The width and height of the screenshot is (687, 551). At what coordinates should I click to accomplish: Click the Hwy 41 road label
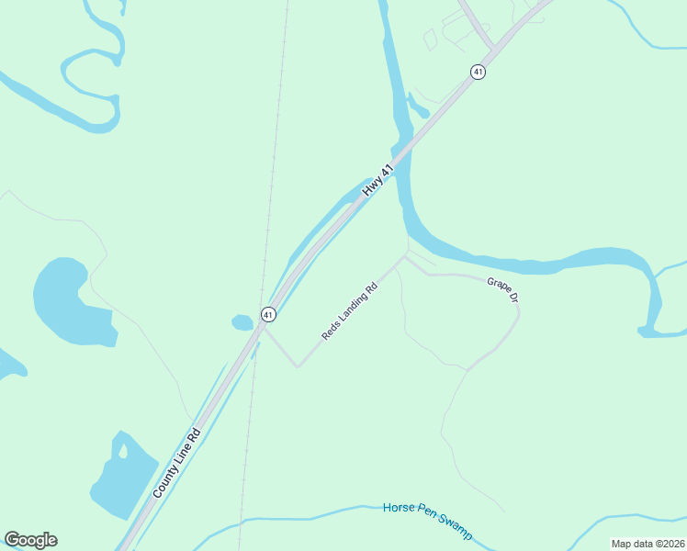(377, 179)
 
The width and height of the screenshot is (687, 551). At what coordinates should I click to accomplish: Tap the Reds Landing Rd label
(350, 311)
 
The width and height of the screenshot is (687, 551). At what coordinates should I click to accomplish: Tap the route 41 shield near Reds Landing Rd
(267, 314)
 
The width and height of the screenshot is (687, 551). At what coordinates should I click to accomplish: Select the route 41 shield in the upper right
(477, 72)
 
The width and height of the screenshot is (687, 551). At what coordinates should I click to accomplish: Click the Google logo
(31, 540)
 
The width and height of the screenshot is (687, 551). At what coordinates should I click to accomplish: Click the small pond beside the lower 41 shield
(242, 322)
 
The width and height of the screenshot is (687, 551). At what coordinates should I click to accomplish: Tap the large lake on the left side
(69, 301)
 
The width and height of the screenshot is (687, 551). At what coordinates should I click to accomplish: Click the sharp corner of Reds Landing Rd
(297, 366)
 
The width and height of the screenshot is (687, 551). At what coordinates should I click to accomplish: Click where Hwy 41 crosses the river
(401, 152)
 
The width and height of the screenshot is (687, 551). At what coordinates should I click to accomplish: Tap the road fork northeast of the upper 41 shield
(494, 48)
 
